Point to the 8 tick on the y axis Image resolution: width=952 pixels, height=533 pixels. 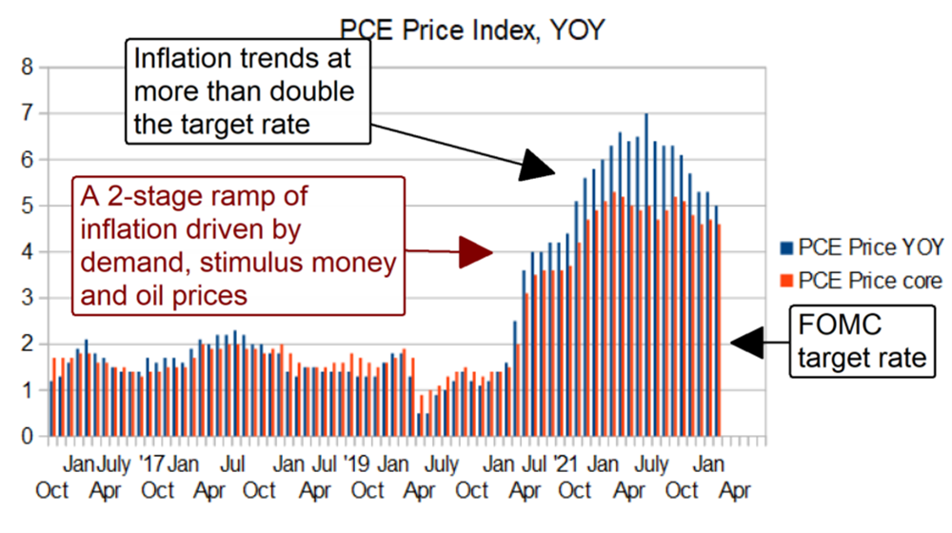[x=28, y=68]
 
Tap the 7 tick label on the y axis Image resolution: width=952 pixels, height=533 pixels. [x=28, y=113]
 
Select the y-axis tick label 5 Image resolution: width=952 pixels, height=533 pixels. [x=28, y=206]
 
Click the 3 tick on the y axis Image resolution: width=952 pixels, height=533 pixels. [x=28, y=298]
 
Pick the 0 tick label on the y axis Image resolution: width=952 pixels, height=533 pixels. [x=28, y=437]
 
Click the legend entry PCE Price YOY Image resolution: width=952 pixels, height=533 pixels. [x=870, y=248]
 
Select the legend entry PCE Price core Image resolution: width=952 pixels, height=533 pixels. [x=870, y=281]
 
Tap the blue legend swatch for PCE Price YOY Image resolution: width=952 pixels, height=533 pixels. [x=785, y=248]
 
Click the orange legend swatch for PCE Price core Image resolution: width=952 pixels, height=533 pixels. [x=785, y=281]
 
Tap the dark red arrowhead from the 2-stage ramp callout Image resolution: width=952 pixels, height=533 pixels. [x=475, y=252]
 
